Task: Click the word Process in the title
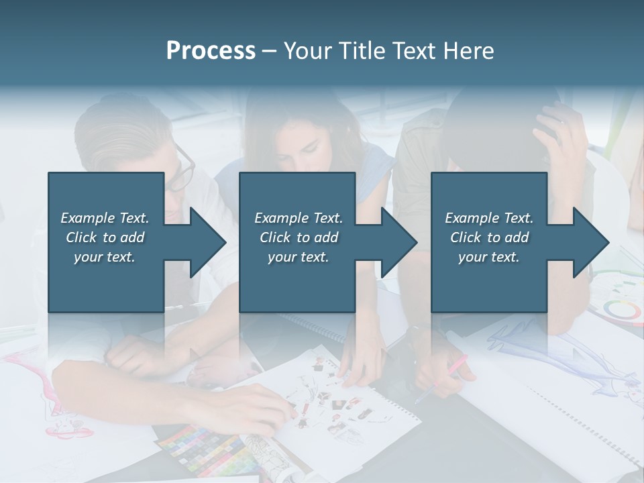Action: (x=211, y=51)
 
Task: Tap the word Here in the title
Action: (x=470, y=51)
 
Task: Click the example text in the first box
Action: (x=105, y=237)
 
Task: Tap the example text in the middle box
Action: (x=299, y=237)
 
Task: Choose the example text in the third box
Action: (x=489, y=237)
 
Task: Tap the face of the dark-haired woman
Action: (x=302, y=144)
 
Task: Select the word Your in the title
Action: (x=307, y=51)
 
